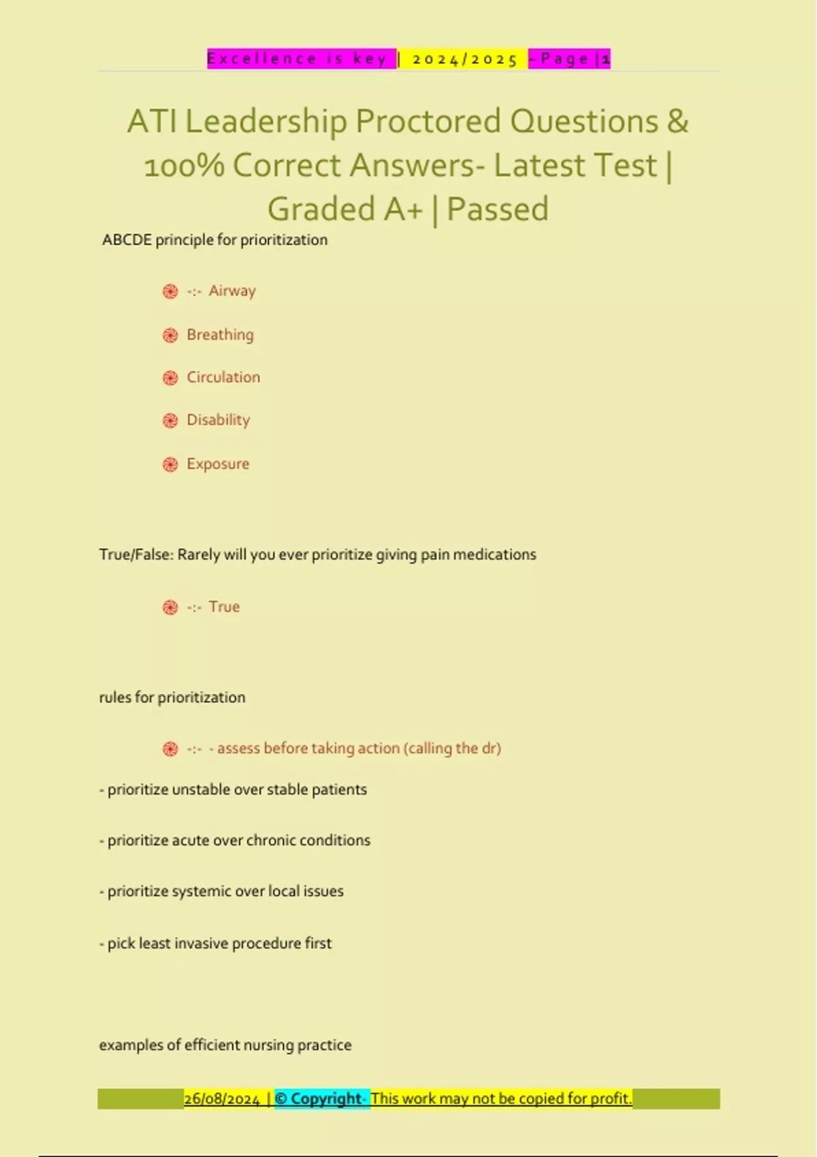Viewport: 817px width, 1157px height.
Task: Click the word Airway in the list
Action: click(232, 291)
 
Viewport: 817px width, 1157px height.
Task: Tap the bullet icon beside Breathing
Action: click(170, 335)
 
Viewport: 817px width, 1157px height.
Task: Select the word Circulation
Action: click(223, 377)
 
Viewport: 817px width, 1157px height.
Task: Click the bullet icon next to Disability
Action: click(170, 421)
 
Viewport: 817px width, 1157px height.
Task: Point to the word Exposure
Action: click(218, 464)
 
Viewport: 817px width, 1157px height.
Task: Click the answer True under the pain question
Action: click(224, 606)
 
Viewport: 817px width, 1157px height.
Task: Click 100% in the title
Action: click(184, 165)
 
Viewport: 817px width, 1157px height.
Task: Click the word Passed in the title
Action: click(498, 209)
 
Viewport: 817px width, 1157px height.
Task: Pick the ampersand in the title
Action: click(677, 122)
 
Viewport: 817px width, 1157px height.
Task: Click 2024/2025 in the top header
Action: click(465, 59)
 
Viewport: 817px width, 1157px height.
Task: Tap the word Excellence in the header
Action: click(261, 59)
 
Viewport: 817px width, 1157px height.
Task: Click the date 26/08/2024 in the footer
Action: click(222, 1098)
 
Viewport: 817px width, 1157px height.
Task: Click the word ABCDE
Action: click(127, 240)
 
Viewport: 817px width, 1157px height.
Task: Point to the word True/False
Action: click(135, 555)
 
